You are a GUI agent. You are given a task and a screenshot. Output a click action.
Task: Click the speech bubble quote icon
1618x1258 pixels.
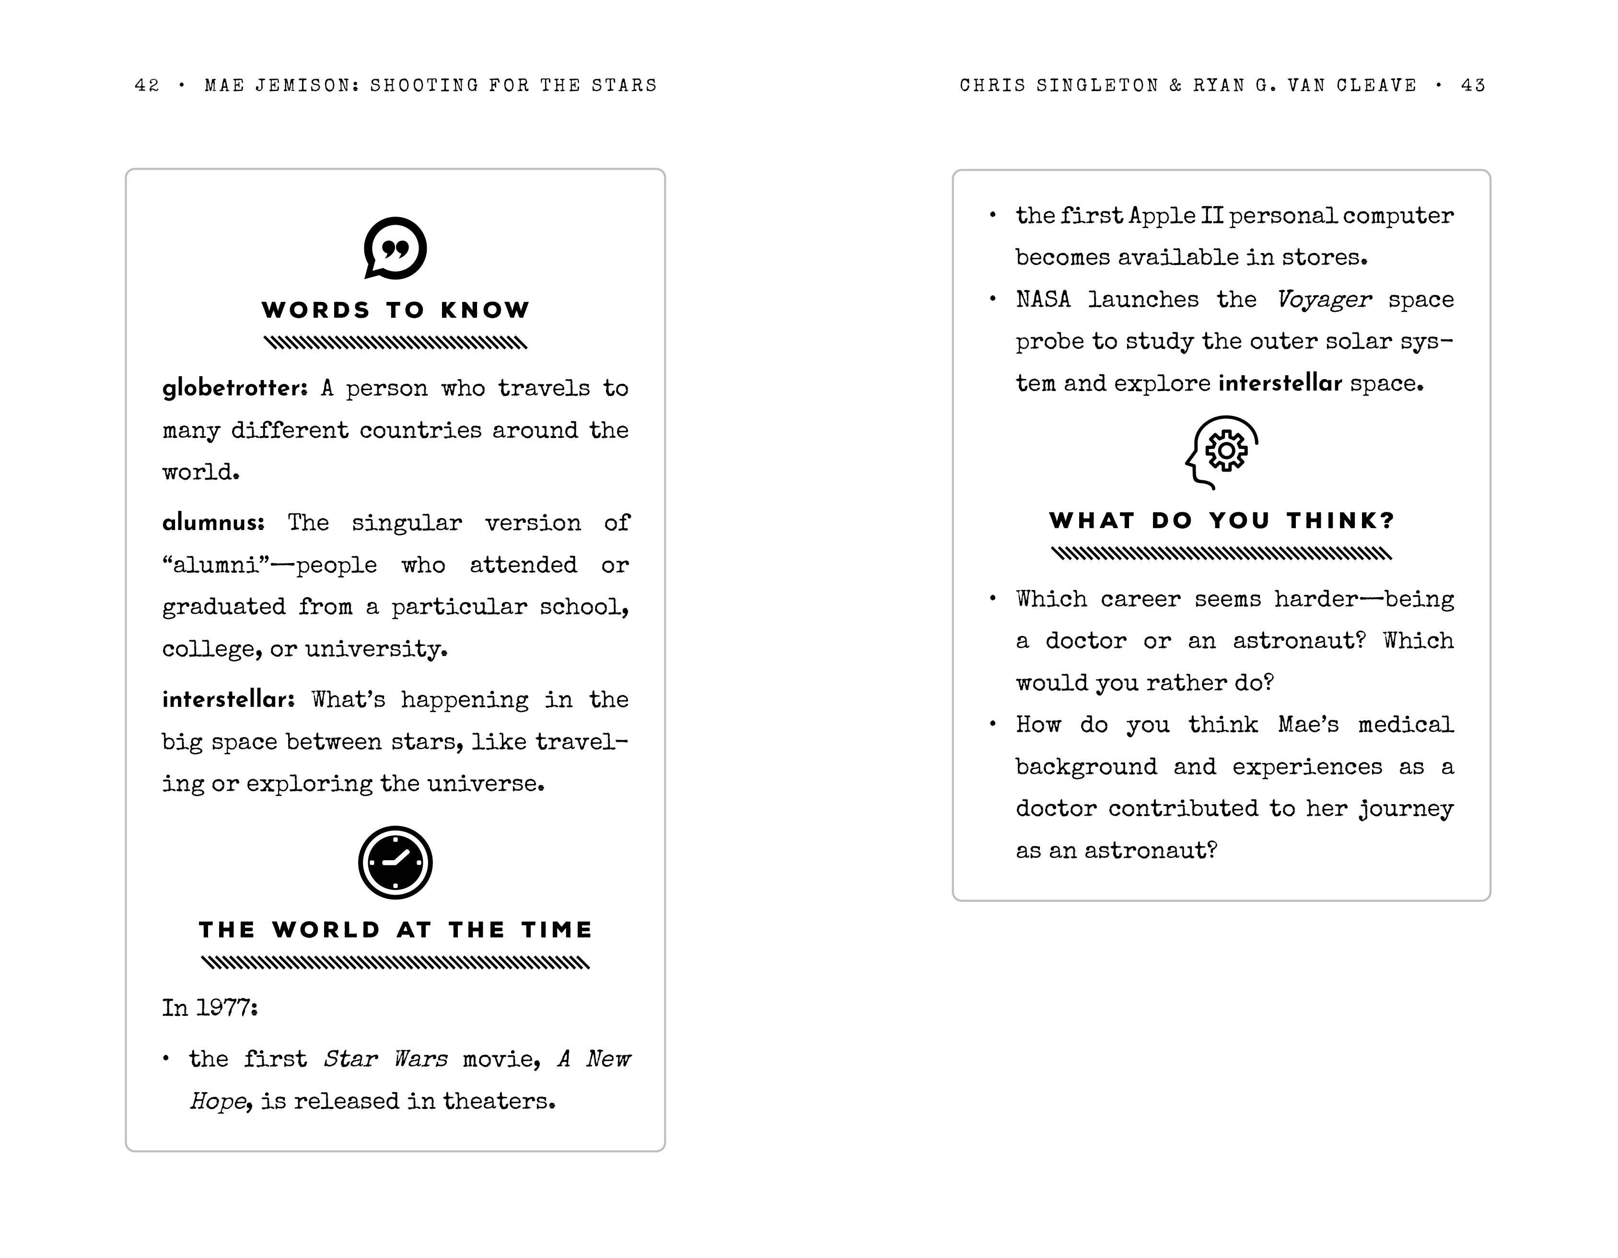pos(395,248)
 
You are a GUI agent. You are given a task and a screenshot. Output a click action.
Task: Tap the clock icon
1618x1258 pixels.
pos(395,863)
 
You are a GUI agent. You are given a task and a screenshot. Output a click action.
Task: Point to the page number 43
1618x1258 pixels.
pos(1473,86)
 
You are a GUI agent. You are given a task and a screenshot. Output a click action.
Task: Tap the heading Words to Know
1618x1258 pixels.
pos(396,310)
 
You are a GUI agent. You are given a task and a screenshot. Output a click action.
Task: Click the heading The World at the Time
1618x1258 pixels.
pos(396,930)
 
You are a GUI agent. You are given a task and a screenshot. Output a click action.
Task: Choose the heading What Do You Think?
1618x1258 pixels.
pos(1222,520)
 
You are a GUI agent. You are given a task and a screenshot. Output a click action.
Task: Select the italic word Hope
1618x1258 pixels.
pos(217,1101)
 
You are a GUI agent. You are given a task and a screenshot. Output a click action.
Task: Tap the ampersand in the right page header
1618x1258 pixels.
pos(1176,86)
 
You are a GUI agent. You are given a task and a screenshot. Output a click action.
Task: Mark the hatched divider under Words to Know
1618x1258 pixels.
pos(396,343)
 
